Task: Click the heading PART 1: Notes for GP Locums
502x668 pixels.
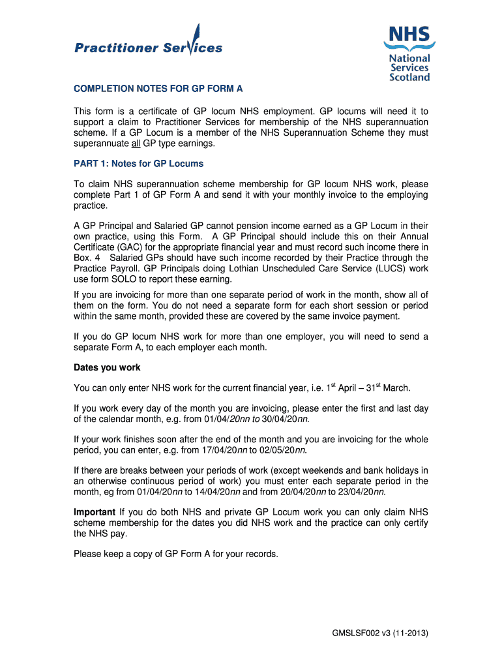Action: [138, 163]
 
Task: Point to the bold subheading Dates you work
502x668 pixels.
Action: [107, 367]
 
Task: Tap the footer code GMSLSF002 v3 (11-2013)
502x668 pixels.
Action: [380, 633]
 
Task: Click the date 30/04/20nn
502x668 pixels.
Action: [284, 419]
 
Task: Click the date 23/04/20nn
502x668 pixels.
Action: [359, 492]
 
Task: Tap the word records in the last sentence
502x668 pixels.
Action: [260, 554]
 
